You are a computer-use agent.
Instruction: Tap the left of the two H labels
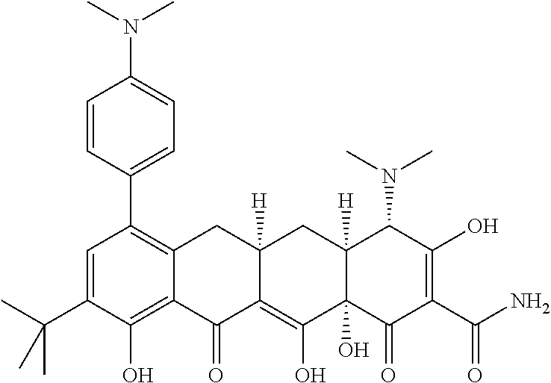pos(258,202)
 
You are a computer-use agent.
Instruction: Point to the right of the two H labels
pos(346,202)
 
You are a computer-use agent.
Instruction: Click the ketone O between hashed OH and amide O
pos(388,371)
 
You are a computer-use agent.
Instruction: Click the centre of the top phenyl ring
pos(131,125)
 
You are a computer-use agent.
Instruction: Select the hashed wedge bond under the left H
pos(258,226)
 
